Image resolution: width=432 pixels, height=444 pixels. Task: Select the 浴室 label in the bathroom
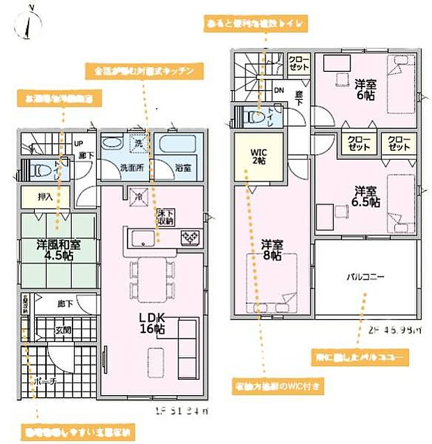click(x=183, y=168)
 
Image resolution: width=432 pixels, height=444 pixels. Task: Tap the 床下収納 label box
click(x=165, y=216)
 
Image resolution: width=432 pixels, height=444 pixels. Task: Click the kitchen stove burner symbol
click(x=190, y=239)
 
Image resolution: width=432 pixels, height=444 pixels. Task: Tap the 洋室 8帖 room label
click(x=272, y=251)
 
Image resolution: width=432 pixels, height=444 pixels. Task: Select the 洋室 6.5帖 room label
click(x=366, y=196)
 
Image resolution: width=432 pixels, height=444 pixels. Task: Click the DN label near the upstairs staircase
click(x=278, y=90)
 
